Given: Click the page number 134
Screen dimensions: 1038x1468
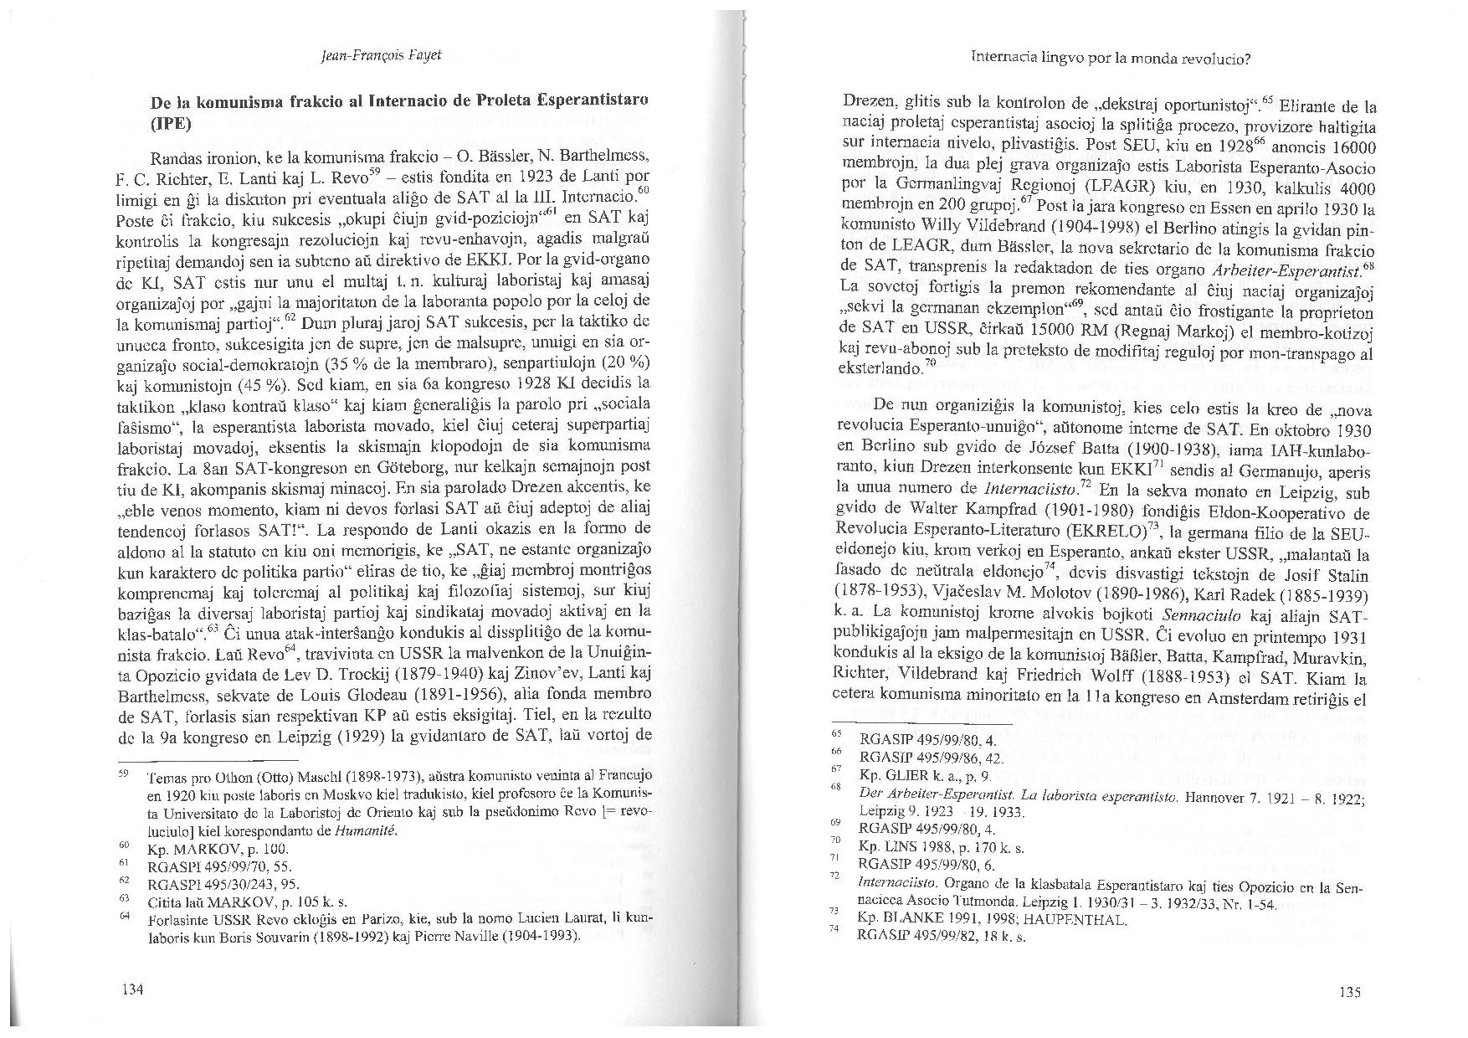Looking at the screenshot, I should click(x=133, y=989).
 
